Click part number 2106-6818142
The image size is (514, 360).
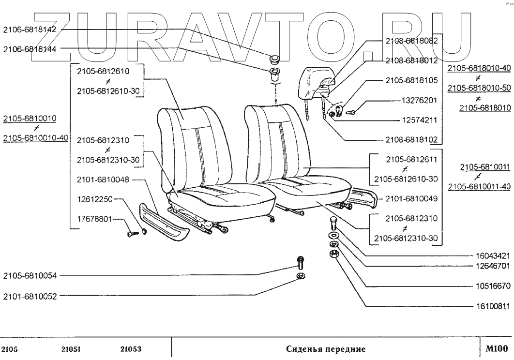30,30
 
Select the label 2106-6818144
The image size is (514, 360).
30,49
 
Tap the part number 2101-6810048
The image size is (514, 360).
103,180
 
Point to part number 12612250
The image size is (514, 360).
95,199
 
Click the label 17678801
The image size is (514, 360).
95,219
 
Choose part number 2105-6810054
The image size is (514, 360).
30,276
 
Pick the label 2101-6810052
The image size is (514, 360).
30,297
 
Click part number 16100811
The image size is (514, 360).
493,307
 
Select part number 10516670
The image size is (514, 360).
493,286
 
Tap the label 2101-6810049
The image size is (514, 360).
411,199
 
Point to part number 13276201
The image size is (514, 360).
420,100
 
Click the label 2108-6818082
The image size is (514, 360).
411,41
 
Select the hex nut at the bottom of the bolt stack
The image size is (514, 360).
333,254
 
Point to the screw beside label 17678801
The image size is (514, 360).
132,233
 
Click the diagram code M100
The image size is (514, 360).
497,348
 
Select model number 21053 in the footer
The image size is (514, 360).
131,349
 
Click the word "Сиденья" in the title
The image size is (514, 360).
305,349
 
